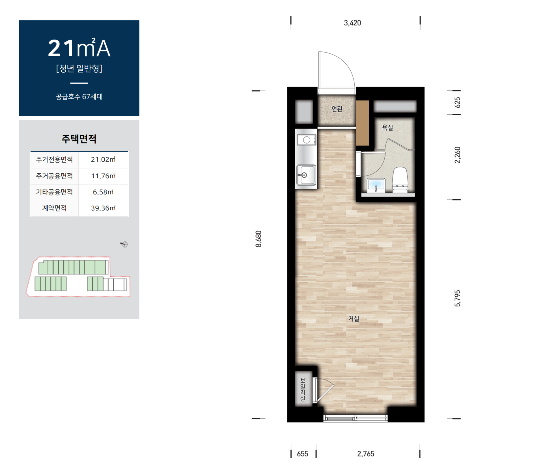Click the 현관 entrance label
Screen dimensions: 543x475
click(337, 109)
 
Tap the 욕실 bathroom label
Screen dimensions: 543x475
click(387, 128)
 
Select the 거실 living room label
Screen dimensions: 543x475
click(354, 319)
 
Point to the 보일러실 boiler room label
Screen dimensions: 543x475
click(303, 390)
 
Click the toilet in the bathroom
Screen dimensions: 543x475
click(400, 180)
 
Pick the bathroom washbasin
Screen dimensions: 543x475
click(376, 185)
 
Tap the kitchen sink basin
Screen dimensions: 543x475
click(306, 175)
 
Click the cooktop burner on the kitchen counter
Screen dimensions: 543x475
click(307, 140)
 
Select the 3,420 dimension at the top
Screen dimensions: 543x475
click(352, 23)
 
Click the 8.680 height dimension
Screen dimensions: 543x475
click(258, 239)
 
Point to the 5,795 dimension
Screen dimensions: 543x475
click(457, 298)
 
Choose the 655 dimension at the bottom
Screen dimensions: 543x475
click(302, 454)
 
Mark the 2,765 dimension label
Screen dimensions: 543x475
click(366, 454)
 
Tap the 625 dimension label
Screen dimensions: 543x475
click(457, 102)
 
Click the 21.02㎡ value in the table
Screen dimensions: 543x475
click(103, 159)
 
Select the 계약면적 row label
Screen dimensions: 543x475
click(54, 208)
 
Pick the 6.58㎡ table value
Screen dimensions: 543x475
click(103, 192)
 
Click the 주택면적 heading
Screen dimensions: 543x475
click(79, 139)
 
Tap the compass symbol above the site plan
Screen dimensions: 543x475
click(124, 244)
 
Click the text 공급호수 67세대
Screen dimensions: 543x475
click(79, 97)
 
